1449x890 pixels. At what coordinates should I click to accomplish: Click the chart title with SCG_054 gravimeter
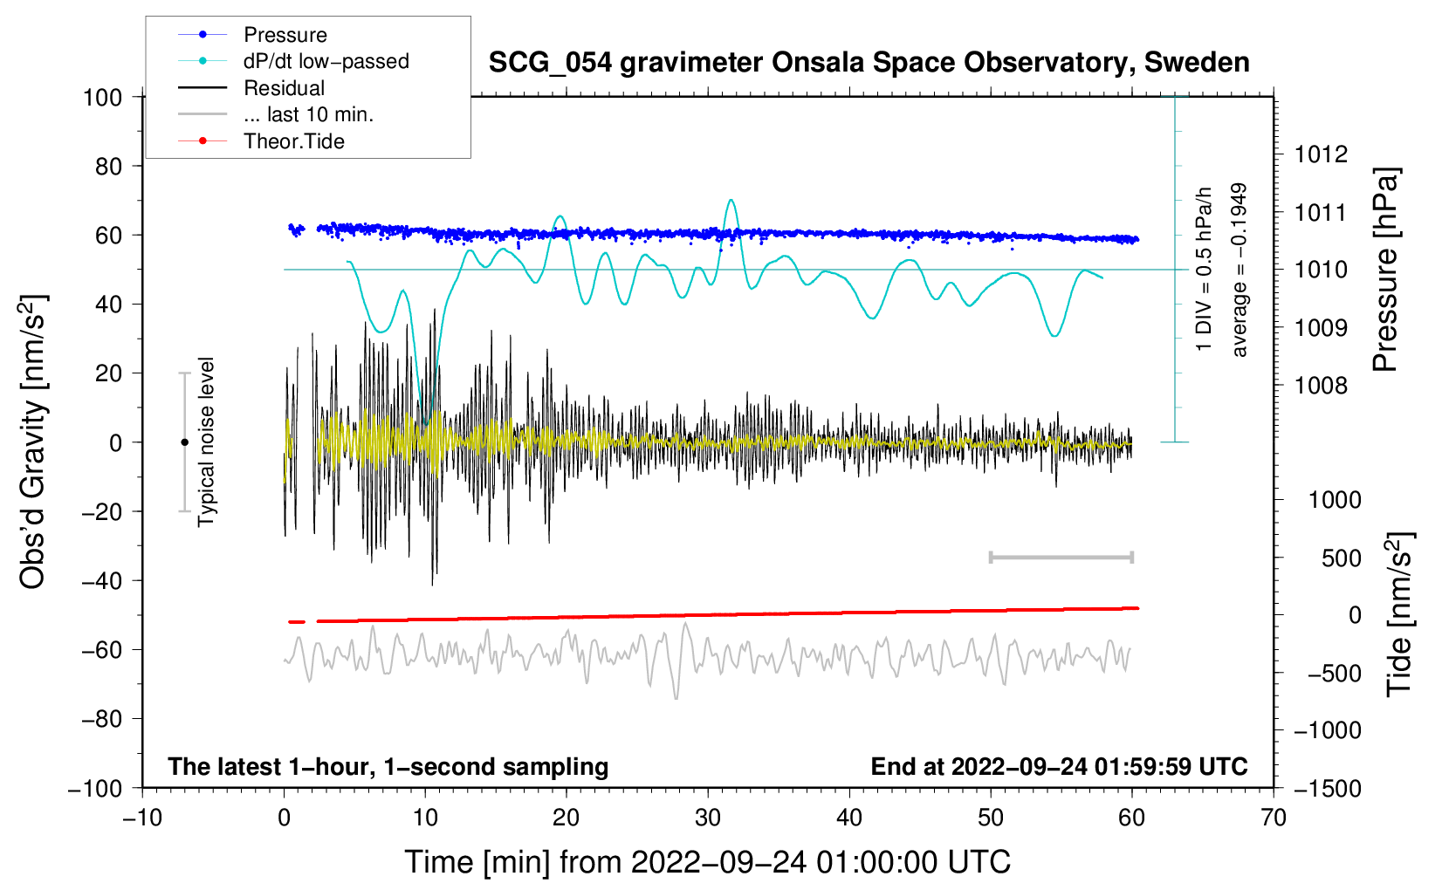pos(869,63)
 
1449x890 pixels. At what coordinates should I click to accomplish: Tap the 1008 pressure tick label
pos(1321,387)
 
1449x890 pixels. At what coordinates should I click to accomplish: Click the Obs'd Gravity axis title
pos(32,442)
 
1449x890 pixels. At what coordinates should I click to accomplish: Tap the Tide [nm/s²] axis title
pos(1399,614)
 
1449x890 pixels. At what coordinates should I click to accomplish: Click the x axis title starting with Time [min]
pos(708,863)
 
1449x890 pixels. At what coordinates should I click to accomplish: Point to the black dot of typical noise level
pos(184,442)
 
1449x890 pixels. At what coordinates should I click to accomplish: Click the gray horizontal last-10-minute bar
pos(1061,557)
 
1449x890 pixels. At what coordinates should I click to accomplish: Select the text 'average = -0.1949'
pos(1238,270)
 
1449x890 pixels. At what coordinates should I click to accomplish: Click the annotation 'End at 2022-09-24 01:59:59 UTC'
pos(1059,766)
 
